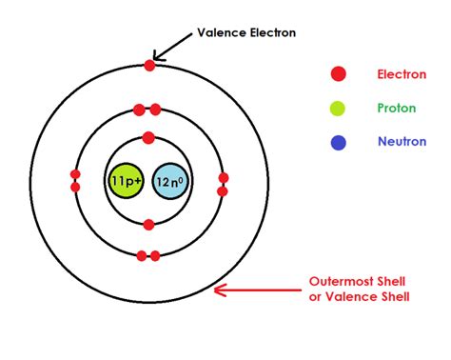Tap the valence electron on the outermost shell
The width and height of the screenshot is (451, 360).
(x=148, y=65)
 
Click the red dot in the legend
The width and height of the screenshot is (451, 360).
(x=338, y=73)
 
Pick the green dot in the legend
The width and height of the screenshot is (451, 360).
(x=338, y=109)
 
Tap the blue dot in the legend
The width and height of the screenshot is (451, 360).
(x=338, y=144)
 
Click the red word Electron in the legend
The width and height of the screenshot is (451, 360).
(x=402, y=73)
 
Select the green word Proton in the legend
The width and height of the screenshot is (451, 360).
(x=398, y=109)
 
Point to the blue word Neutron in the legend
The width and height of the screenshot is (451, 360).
(x=401, y=144)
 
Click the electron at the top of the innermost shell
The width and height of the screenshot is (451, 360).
(x=148, y=137)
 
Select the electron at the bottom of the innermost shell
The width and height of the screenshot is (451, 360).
(x=148, y=225)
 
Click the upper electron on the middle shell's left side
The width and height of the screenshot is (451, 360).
(x=75, y=174)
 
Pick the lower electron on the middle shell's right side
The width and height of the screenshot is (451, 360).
(x=223, y=191)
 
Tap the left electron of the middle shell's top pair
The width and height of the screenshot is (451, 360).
(x=140, y=110)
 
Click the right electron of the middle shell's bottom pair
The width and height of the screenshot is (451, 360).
(x=155, y=255)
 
